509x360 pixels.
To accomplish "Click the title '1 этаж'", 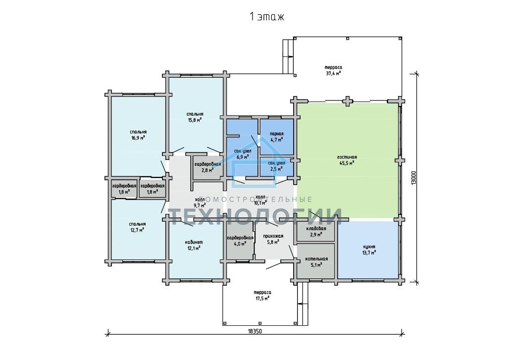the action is [266, 16].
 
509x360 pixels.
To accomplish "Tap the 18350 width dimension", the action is [255, 331].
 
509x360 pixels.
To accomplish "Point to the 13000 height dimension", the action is [413, 178].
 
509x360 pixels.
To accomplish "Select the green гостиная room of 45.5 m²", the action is [348, 160].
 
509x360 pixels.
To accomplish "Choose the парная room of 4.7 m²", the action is [277, 137].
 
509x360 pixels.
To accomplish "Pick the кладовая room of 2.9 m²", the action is [316, 231].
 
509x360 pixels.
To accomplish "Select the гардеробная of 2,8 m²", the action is [208, 167].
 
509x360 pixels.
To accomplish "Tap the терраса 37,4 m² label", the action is [333, 70].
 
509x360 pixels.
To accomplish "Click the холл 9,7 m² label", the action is [200, 202].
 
